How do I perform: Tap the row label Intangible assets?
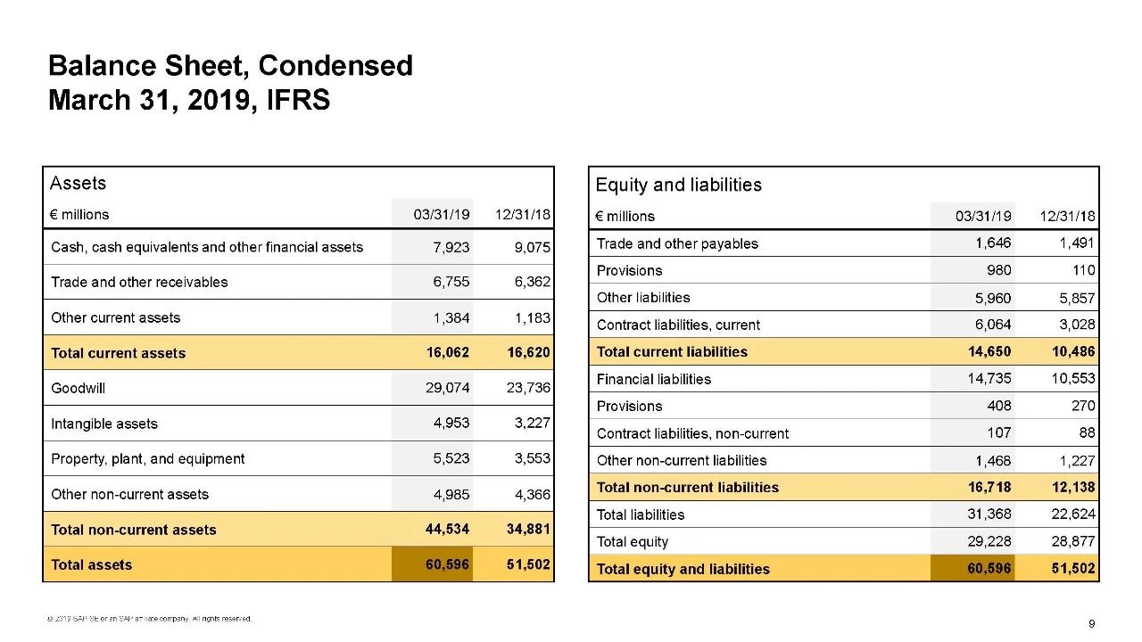[x=104, y=424]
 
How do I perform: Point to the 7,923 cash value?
[x=451, y=247]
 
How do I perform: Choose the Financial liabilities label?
[x=654, y=379]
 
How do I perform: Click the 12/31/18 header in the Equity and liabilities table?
[x=1068, y=216]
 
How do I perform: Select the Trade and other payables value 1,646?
[x=993, y=243]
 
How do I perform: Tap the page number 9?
[x=1091, y=622]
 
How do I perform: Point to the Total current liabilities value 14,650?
[x=989, y=351]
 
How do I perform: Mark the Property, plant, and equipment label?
[x=148, y=458]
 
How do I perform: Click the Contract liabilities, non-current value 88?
[x=1087, y=432]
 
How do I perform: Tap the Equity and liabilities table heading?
[x=678, y=185]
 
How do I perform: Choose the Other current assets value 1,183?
[x=533, y=317]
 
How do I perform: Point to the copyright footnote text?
[x=151, y=619]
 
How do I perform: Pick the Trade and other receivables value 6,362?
[x=533, y=282]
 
